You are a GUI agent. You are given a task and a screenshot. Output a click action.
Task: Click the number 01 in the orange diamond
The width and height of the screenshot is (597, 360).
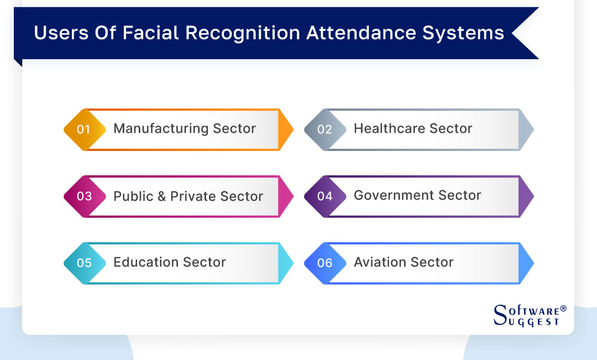(83, 129)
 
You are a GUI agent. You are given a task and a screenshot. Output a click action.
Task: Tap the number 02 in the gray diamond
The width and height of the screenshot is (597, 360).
(324, 129)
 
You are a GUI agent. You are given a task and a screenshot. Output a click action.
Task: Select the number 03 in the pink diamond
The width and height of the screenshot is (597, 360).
(84, 196)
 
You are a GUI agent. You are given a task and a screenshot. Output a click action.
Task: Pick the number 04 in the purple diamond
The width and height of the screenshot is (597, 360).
(324, 196)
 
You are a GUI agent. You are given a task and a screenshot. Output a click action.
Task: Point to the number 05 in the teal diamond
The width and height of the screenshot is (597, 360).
(84, 263)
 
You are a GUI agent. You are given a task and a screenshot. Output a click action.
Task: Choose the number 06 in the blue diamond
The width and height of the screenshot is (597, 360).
(324, 263)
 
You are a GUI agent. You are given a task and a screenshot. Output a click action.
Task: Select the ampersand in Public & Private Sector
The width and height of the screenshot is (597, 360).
(161, 196)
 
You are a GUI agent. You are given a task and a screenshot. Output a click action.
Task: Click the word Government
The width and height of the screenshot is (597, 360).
(394, 196)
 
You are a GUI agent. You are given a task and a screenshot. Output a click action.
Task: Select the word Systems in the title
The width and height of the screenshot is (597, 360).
(463, 33)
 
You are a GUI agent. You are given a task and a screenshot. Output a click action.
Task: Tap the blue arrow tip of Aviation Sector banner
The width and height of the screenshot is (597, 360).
(527, 263)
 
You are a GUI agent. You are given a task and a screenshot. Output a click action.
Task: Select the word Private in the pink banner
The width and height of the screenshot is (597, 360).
(196, 196)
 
